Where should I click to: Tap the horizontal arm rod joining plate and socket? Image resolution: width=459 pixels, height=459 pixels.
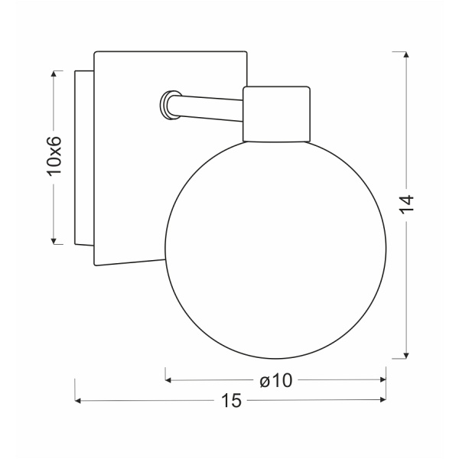210,106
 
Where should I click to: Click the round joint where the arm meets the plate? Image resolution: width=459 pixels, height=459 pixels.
166,106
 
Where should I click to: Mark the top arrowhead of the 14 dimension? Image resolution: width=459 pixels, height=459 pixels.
406,56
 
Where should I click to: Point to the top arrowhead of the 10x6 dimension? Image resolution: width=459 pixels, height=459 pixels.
54,75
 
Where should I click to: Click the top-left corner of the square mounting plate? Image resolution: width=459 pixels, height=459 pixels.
95,53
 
